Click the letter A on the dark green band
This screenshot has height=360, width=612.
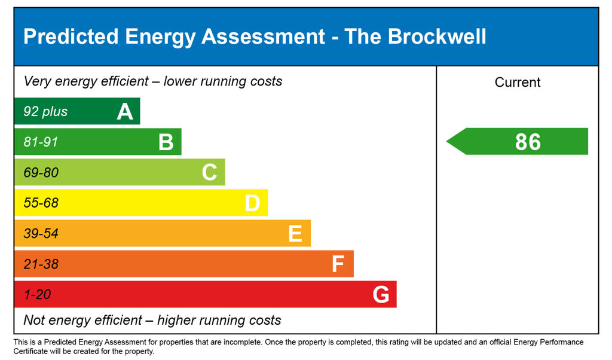(125, 111)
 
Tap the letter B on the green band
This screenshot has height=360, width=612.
(166, 142)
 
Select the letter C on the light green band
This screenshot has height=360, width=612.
(209, 173)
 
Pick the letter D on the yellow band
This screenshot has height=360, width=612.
(252, 203)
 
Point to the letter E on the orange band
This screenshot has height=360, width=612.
(295, 234)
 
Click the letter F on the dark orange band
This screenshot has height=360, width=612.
(338, 264)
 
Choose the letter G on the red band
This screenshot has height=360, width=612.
(381, 295)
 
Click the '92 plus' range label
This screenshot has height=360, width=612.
(45, 112)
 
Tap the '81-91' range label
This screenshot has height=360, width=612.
(41, 142)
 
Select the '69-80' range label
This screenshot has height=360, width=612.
(41, 173)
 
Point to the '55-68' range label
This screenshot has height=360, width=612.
(41, 203)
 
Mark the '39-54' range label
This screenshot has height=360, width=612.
(41, 234)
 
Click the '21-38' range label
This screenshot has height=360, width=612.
(41, 264)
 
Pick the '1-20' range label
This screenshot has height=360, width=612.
(37, 295)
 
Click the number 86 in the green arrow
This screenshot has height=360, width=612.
(528, 142)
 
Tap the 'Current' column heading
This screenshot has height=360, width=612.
(518, 83)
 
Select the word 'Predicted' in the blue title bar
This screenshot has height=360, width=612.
(71, 36)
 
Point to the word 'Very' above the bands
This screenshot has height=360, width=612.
(37, 81)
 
